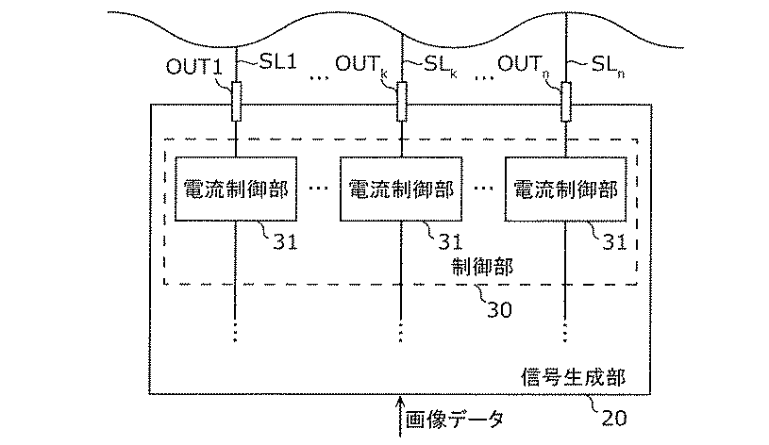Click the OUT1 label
[x=194, y=67]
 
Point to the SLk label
[x=441, y=65]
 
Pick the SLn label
[x=608, y=66]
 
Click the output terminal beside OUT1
[x=237, y=102]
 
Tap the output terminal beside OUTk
[x=402, y=102]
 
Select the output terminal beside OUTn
[x=566, y=102]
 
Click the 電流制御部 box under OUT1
[x=236, y=190]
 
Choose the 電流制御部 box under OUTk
[x=401, y=190]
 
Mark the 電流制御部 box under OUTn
[x=566, y=190]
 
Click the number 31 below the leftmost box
[x=285, y=241]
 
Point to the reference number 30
[x=499, y=310]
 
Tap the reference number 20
[x=614, y=418]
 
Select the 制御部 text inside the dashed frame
[x=482, y=267]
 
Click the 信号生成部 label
[x=573, y=377]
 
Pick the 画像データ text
[x=454, y=420]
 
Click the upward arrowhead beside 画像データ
[x=400, y=403]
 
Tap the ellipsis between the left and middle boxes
[x=318, y=189]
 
